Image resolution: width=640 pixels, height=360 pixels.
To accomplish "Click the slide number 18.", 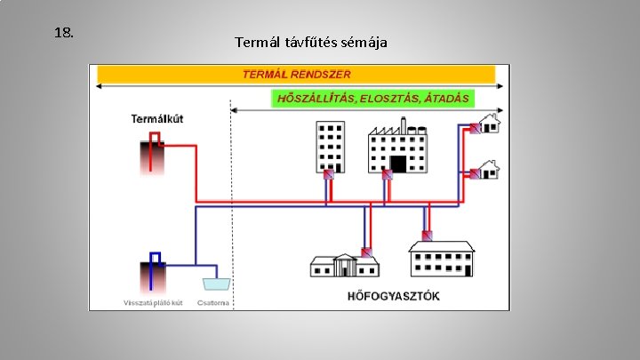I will [63, 33].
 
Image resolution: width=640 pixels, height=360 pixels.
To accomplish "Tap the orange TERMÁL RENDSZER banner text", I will [296, 74].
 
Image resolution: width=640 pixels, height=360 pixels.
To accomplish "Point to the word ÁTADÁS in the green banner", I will [446, 98].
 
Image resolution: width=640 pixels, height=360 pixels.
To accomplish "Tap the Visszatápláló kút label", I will [153, 302].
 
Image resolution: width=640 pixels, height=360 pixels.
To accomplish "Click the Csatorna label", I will [213, 302].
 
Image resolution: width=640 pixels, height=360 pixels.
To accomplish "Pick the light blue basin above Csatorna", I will [215, 284].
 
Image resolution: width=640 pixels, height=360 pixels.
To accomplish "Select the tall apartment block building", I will [330, 146].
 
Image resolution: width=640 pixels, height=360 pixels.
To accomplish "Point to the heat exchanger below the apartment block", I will [329, 175].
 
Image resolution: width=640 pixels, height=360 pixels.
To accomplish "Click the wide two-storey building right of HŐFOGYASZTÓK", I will [442, 258].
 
